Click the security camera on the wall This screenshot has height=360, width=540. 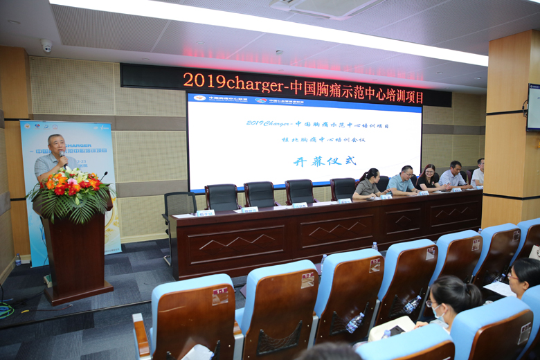tap(46, 46)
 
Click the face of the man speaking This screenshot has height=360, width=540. tap(55, 145)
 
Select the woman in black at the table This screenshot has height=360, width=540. tap(427, 178)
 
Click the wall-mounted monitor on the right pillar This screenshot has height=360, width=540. tap(533, 107)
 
